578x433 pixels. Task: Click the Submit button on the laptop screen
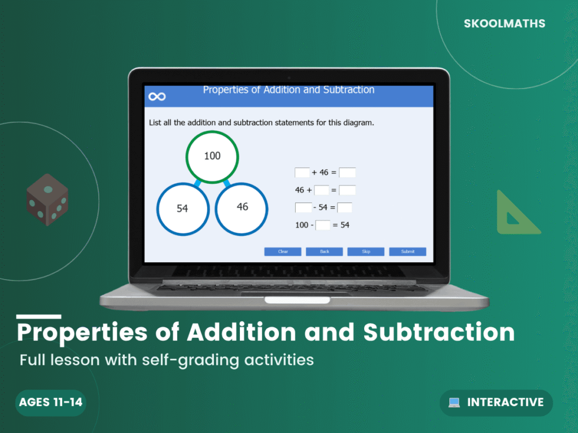click(408, 251)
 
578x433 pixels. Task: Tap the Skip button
click(366, 251)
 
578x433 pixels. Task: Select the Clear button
click(283, 251)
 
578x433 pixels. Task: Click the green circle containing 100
click(212, 157)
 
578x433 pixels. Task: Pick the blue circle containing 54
click(182, 209)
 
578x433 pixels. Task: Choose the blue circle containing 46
click(242, 207)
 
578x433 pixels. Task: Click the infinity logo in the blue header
click(157, 97)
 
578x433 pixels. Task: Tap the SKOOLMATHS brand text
click(505, 24)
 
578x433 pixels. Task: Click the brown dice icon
click(47, 200)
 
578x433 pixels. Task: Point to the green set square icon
click(514, 214)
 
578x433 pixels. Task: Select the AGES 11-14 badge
click(51, 403)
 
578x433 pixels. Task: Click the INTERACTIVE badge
click(496, 403)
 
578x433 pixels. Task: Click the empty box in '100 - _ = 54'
click(323, 225)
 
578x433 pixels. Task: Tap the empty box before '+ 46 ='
click(302, 173)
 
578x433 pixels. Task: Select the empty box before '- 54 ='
click(303, 207)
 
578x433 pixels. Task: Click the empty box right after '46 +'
click(322, 190)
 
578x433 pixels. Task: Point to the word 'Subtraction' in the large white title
click(439, 333)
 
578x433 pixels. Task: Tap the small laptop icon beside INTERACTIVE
click(454, 403)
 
